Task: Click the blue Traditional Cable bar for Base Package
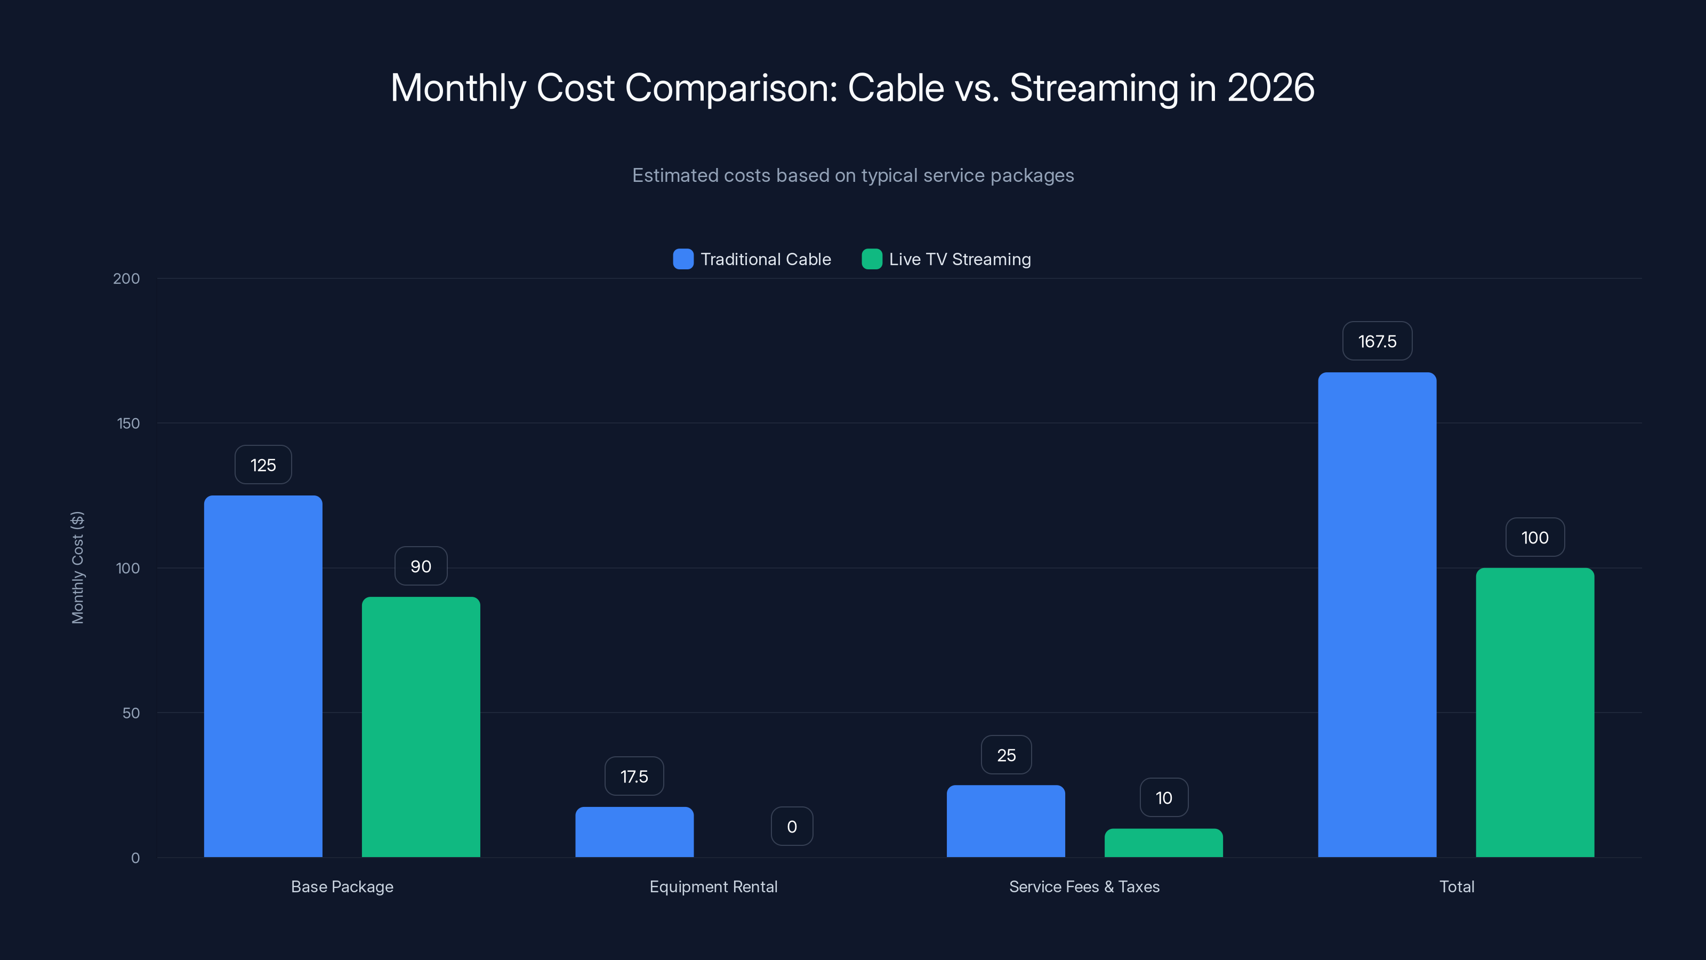pos(263,676)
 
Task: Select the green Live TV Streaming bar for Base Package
pos(421,727)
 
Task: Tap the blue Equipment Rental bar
pos(634,832)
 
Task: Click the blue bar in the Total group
pos(1377,614)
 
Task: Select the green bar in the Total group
pos(1534,712)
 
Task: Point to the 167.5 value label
pos(1377,341)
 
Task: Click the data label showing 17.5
pos(634,777)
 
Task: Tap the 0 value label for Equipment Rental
pos(791,826)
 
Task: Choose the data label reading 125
pos(263,465)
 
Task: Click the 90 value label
pos(421,566)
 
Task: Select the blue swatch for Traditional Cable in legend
pos(683,259)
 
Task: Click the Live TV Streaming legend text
pos(960,259)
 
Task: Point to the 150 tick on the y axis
pos(128,423)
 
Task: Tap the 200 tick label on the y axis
pos(126,278)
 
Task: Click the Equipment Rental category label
pos(713,886)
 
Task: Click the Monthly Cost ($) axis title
pos(77,567)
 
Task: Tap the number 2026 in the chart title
pos(1270,87)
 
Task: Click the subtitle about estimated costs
pos(853,175)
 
